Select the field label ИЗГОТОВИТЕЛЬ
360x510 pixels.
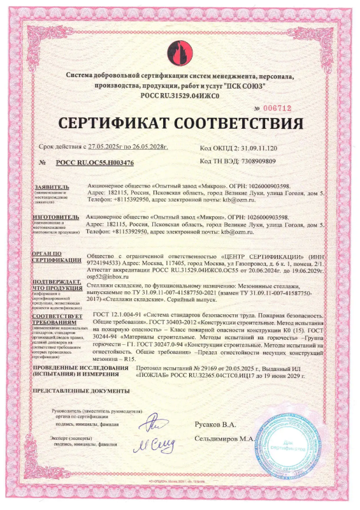(57, 217)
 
